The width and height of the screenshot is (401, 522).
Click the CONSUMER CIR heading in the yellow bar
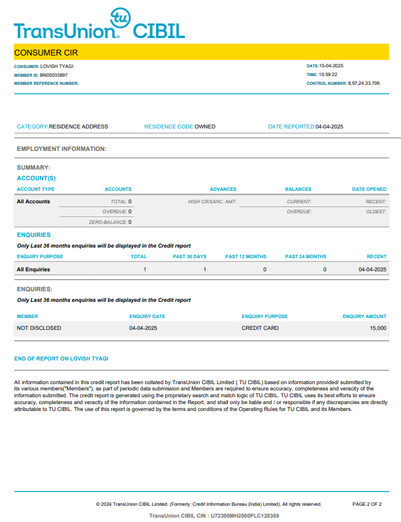point(46,52)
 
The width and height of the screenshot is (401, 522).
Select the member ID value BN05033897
point(54,75)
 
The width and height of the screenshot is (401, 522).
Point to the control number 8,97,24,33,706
point(364,83)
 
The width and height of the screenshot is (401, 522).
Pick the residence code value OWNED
point(205,127)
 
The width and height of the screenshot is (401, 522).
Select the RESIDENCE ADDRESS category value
point(79,127)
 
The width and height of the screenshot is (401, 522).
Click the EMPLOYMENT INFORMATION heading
point(62,149)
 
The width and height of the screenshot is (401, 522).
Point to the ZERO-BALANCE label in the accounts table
point(108,222)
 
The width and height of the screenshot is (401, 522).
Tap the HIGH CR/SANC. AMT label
point(212,201)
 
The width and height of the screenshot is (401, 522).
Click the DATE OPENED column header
point(369,189)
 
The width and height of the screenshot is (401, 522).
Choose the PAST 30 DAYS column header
point(189,256)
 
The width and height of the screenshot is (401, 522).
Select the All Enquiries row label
point(34,269)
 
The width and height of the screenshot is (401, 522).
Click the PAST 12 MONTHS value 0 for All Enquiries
point(264,269)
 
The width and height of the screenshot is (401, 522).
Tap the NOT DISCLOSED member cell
point(39,328)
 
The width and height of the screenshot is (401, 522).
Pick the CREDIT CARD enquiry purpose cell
point(260,328)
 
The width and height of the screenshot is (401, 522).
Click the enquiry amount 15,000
point(378,328)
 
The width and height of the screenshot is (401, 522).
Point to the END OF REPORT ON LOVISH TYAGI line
point(61,359)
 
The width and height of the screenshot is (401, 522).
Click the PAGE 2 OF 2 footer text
point(367,504)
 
